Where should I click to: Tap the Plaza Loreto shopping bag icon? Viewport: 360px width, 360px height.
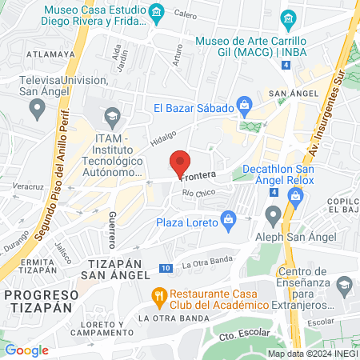point(230,218)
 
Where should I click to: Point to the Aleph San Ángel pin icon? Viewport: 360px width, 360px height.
point(274,214)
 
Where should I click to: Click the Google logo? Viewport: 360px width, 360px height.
point(26,350)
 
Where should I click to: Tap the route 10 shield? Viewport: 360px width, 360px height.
point(165,268)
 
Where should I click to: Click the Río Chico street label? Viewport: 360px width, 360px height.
point(199,193)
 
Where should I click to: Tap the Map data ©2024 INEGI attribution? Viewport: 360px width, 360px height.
point(312,353)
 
